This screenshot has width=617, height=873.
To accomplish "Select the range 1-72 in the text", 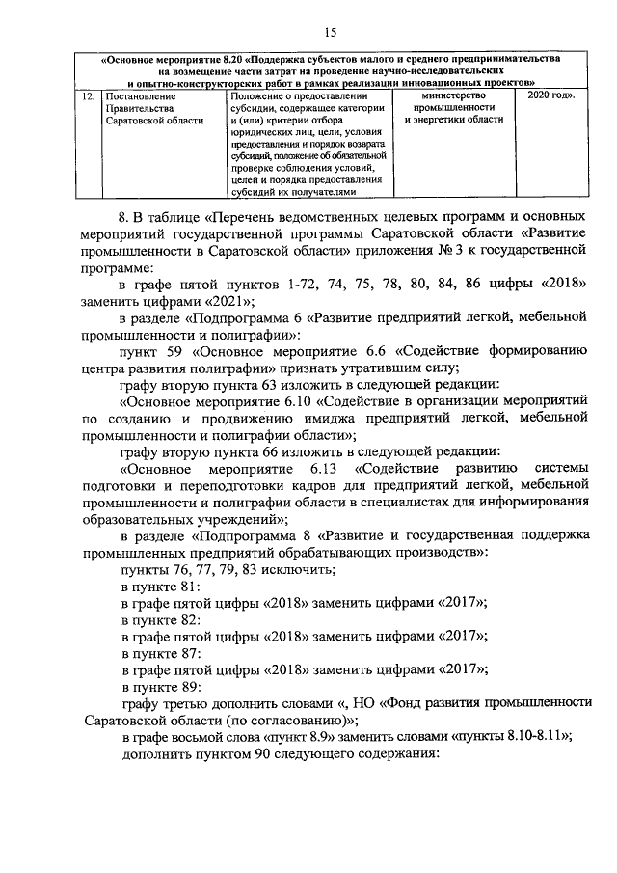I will [306, 282].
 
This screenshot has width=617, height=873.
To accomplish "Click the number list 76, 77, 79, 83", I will [218, 569].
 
